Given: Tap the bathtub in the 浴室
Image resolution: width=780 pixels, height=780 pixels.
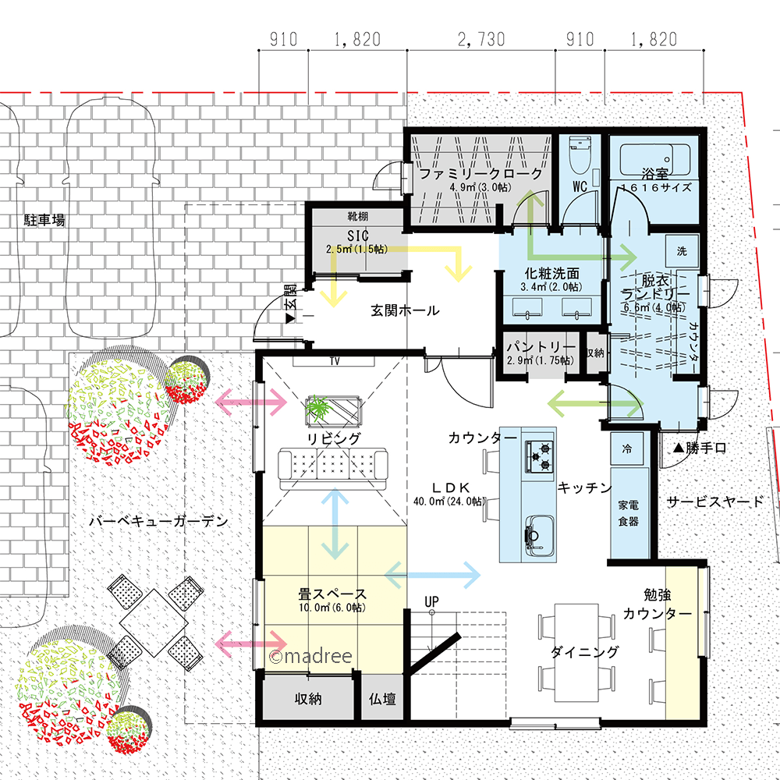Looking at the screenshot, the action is pyautogui.click(x=654, y=159).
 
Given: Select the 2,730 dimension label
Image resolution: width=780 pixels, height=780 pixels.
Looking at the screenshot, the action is pyautogui.click(x=481, y=39).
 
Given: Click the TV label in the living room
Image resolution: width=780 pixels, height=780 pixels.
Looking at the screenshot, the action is pyautogui.click(x=335, y=360).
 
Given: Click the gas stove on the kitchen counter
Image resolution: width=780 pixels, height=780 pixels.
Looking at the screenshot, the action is pyautogui.click(x=540, y=456).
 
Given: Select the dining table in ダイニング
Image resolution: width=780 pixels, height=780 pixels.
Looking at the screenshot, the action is pyautogui.click(x=576, y=653).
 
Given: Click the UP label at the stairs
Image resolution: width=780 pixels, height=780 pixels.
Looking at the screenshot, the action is pyautogui.click(x=431, y=601).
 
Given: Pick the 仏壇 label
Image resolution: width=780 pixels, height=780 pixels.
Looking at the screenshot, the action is pyautogui.click(x=382, y=699).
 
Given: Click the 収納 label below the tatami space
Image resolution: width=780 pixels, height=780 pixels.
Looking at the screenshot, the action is pyautogui.click(x=308, y=698).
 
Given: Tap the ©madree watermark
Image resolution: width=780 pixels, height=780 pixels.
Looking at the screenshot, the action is pyautogui.click(x=310, y=656).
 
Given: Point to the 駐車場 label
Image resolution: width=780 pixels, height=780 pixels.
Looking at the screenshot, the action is pyautogui.click(x=44, y=220).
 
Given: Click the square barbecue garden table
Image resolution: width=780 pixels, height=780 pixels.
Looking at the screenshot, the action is pyautogui.click(x=154, y=622).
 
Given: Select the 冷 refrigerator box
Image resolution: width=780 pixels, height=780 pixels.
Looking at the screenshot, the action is pyautogui.click(x=627, y=448).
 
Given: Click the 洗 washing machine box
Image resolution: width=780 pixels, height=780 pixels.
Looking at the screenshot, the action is pyautogui.click(x=682, y=250).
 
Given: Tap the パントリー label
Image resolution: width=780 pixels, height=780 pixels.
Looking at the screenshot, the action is pyautogui.click(x=541, y=346).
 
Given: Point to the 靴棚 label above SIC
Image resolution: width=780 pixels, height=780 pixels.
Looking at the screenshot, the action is pyautogui.click(x=358, y=216).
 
